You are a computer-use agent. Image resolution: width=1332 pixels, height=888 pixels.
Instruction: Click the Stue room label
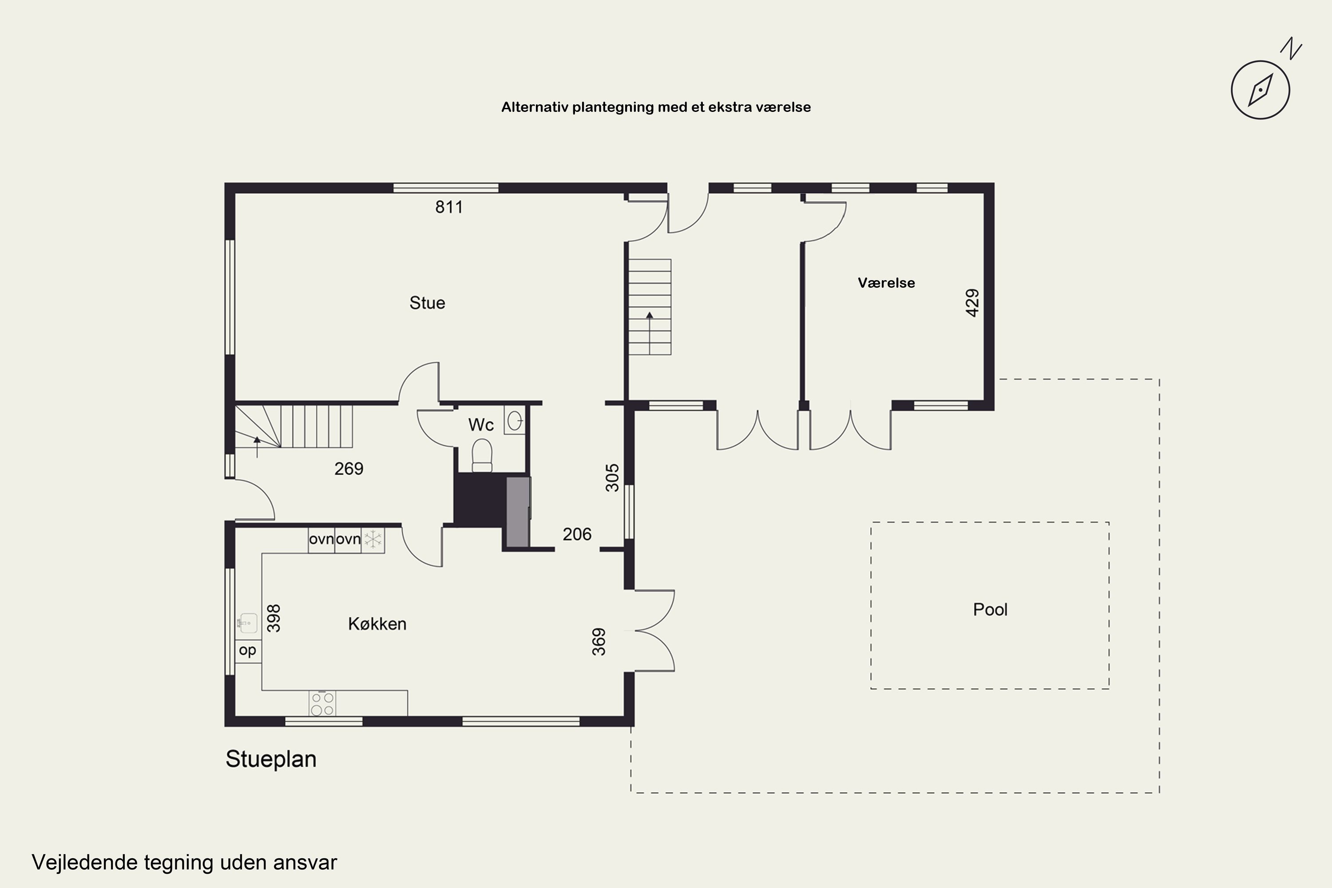[427, 303]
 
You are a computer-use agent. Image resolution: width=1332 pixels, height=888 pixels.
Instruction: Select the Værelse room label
[886, 282]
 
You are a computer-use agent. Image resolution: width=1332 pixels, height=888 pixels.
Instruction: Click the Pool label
[990, 609]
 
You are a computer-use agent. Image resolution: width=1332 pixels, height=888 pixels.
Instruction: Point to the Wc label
[481, 425]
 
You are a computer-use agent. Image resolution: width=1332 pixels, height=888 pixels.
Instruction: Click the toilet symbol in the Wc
[482, 455]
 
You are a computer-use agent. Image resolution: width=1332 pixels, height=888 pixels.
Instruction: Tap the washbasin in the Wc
[515, 420]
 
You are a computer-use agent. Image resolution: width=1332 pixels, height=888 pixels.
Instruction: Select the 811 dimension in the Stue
[449, 207]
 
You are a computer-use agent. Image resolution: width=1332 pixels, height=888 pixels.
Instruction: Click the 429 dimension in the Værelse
[972, 303]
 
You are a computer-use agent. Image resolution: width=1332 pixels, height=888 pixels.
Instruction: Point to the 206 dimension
[577, 534]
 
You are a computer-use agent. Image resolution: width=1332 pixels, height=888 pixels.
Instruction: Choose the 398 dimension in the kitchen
[274, 618]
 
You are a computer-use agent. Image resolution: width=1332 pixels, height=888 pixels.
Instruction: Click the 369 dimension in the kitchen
[599, 642]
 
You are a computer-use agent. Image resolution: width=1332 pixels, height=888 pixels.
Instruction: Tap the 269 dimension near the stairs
[349, 469]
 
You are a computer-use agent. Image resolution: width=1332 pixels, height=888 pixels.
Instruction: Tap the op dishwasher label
[247, 650]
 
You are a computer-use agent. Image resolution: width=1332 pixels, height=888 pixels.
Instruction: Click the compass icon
[1260, 90]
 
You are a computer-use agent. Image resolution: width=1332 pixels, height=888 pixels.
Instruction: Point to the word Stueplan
[271, 759]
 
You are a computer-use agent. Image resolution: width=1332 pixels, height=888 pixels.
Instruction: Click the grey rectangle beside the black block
[518, 512]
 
